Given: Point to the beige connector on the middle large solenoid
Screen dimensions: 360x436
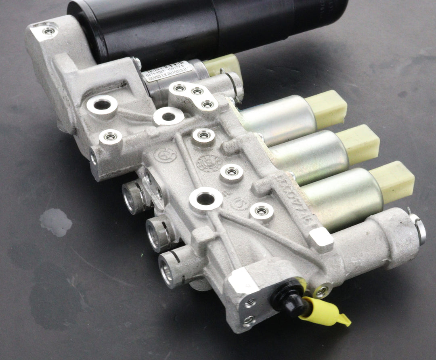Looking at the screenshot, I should click(x=358, y=144).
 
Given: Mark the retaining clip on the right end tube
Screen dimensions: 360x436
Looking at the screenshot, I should click(x=419, y=229).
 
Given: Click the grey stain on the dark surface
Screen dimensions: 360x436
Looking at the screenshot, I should click(x=56, y=222).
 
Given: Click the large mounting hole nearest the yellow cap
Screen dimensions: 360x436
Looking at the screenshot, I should click(x=206, y=199).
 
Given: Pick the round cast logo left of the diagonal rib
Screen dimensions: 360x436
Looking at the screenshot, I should click(x=165, y=155).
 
